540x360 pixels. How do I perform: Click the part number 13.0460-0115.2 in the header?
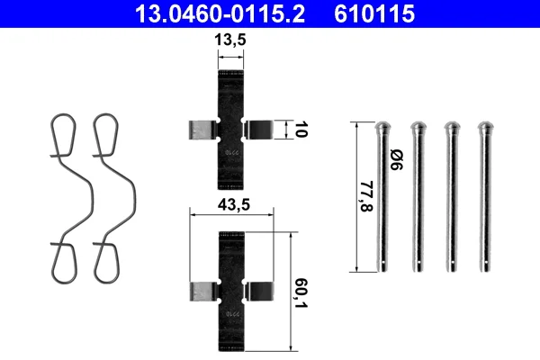[220, 13]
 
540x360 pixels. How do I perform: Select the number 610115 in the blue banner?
[374, 13]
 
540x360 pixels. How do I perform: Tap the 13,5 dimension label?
[230, 40]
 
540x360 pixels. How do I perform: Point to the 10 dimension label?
[301, 130]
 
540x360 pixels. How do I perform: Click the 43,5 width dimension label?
[233, 205]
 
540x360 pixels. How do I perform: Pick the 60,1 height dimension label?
[301, 292]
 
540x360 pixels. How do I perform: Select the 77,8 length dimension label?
[366, 196]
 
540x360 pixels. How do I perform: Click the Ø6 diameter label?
[396, 159]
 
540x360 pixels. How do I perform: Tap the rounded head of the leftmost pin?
[383, 127]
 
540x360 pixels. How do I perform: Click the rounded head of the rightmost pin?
[486, 127]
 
